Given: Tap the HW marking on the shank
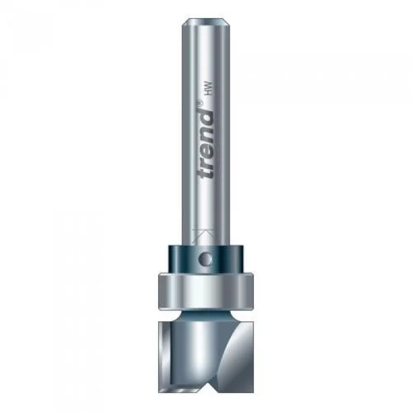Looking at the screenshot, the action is tap(208, 88).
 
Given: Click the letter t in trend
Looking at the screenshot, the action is tap(206, 172).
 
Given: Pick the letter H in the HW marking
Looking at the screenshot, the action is tap(208, 91).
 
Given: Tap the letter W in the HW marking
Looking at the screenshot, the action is tap(208, 85).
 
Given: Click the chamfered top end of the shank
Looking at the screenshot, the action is tap(206, 21).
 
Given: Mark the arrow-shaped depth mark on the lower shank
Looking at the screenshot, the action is tap(203, 236).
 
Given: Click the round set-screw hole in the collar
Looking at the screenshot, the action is tap(206, 260).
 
